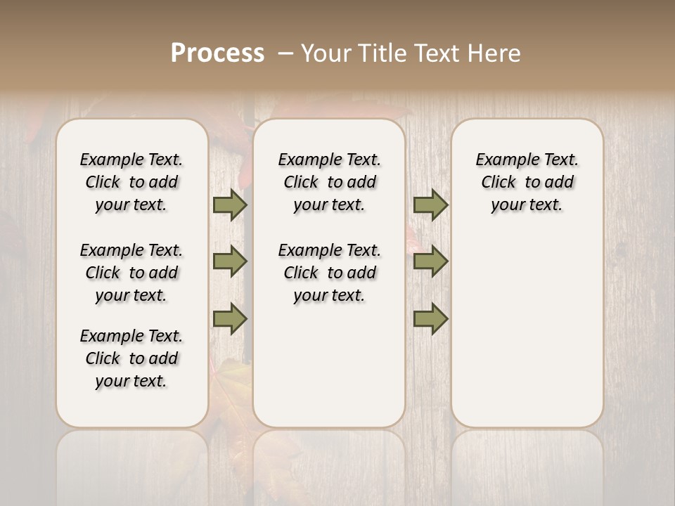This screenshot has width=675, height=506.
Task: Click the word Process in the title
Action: click(217, 53)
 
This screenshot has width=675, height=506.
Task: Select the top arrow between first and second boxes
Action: click(230, 205)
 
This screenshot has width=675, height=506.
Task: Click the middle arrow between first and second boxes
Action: click(230, 261)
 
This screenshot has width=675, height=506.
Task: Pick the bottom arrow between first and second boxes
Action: click(230, 319)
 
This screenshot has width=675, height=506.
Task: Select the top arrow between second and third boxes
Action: click(430, 205)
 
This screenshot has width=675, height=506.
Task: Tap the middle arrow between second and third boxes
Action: click(430, 261)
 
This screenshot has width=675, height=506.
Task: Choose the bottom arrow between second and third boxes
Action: click(430, 319)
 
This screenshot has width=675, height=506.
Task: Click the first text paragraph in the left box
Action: click(131, 182)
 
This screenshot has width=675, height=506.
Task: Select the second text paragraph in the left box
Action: click(131, 273)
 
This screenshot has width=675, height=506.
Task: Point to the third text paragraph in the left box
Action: click(131, 358)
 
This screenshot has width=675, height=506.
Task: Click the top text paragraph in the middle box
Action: click(329, 182)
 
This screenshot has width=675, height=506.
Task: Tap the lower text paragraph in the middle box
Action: click(329, 273)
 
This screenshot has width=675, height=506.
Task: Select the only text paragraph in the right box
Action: click(527, 182)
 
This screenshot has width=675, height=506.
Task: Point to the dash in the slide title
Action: click(285, 53)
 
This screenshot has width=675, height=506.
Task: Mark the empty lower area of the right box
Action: click(527, 330)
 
